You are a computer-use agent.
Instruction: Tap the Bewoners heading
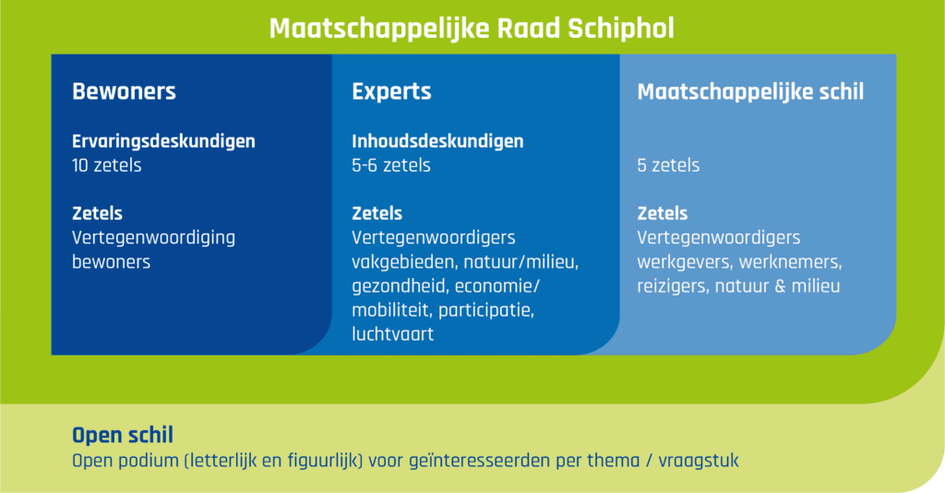coord(125,91)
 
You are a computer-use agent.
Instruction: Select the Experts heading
coord(391,91)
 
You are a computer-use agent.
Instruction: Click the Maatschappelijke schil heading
coord(750,91)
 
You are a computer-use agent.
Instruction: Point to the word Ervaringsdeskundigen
coord(163,141)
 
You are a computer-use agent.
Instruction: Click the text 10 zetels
coord(107,165)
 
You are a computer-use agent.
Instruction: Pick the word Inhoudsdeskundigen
coord(437,141)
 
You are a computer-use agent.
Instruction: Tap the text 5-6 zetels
coord(391,165)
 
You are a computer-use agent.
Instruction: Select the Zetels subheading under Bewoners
coord(97,213)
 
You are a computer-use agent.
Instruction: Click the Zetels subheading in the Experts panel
coord(377,213)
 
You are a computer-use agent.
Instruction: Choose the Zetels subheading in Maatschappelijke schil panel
coord(663,213)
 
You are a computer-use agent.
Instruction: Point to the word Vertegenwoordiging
coord(154,238)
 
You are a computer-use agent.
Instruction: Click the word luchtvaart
coord(393,334)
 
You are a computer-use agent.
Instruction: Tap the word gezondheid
coord(401,286)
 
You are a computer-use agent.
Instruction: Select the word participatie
coord(486,310)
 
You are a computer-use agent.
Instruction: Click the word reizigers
coord(673,286)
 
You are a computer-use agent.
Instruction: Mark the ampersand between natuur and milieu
coord(781,286)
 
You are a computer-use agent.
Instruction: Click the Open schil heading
coord(123,435)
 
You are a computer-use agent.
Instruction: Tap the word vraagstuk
coord(699,461)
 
